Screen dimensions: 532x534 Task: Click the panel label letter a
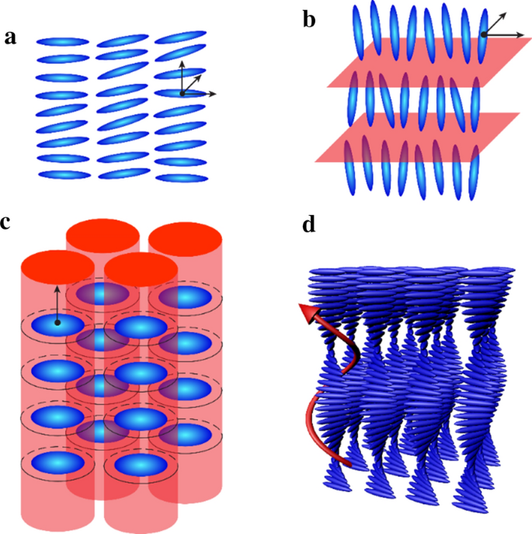pyautogui.click(x=10, y=38)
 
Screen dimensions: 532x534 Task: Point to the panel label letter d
pyautogui.click(x=308, y=226)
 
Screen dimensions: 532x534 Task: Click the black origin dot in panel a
pyautogui.click(x=182, y=93)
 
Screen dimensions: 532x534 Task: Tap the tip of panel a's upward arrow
pyautogui.click(x=182, y=61)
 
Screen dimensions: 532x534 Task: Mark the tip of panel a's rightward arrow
pyautogui.click(x=215, y=94)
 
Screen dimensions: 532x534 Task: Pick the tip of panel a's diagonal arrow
pyautogui.click(x=202, y=75)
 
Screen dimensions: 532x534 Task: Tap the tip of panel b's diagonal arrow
pyautogui.click(x=508, y=12)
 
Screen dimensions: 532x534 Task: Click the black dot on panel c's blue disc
pyautogui.click(x=57, y=322)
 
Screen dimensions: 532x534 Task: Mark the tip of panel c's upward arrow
pyautogui.click(x=57, y=286)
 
